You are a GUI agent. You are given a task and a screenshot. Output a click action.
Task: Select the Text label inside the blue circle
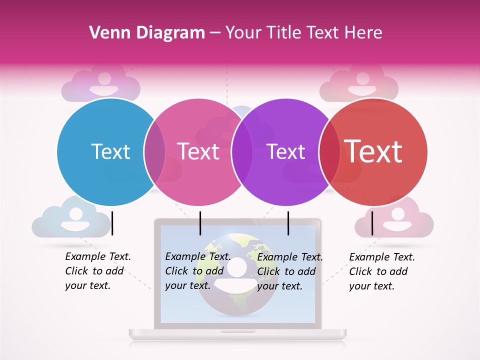pyautogui.click(x=110, y=151)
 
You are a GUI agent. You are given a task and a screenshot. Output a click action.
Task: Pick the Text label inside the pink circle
pyautogui.click(x=198, y=151)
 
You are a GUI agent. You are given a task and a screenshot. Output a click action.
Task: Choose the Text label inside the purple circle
pyautogui.click(x=286, y=151)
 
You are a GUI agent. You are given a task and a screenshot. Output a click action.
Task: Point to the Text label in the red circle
pyautogui.click(x=373, y=151)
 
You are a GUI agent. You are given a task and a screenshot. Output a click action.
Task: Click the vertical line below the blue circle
pyautogui.click(x=112, y=223)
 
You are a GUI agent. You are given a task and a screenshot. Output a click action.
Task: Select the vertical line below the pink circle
pyautogui.click(x=200, y=223)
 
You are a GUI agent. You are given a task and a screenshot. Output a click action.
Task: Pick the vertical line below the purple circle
pyautogui.click(x=288, y=223)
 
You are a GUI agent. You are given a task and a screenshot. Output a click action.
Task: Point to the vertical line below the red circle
pyautogui.click(x=372, y=223)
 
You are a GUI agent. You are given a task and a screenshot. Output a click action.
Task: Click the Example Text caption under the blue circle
pyautogui.click(x=97, y=271)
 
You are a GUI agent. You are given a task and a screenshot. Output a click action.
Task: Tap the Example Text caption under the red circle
pyautogui.click(x=381, y=271)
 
